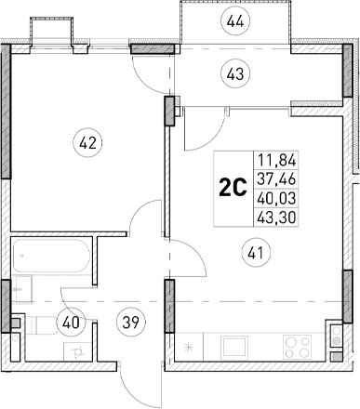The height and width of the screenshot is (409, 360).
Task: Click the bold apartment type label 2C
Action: click(232, 188)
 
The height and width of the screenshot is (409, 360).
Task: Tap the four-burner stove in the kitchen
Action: click(327, 350)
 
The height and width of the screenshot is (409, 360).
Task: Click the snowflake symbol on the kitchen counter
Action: click(191, 350)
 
